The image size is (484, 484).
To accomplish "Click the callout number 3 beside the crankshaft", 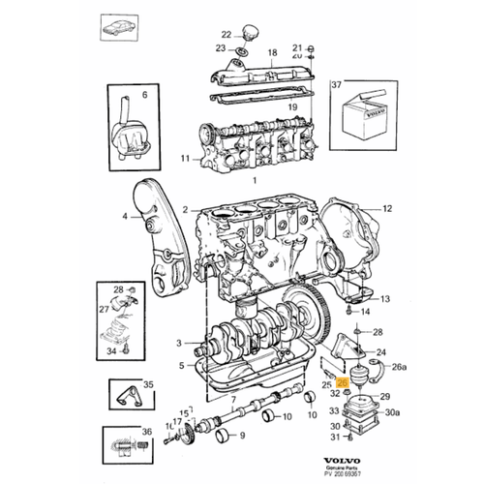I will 177,343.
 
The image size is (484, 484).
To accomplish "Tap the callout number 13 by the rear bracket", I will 385,299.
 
